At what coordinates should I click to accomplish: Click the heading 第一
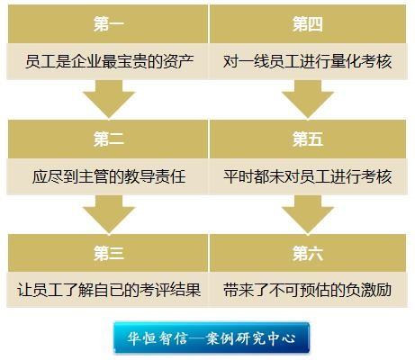(x=109, y=24)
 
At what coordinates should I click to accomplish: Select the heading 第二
(x=109, y=139)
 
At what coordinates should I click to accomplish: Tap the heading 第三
(x=109, y=254)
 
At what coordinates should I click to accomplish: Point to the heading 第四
(x=308, y=24)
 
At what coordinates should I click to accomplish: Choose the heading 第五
(x=308, y=139)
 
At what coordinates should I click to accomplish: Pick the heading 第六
(x=308, y=254)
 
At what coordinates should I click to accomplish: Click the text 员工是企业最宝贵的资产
(x=109, y=61)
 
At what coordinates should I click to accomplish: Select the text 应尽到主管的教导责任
(x=109, y=176)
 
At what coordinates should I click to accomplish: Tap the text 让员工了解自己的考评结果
(x=109, y=290)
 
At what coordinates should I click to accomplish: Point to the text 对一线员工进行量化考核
(x=308, y=61)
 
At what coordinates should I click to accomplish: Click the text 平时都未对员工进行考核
(x=308, y=176)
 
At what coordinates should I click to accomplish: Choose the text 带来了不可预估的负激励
(x=308, y=290)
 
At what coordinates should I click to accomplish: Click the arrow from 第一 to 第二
(x=109, y=99)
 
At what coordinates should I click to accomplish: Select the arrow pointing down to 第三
(x=109, y=214)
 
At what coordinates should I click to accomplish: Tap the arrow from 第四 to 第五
(x=308, y=99)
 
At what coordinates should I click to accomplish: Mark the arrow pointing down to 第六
(x=308, y=214)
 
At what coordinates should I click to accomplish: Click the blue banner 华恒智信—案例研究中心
(x=212, y=337)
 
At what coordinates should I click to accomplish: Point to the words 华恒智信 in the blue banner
(x=158, y=338)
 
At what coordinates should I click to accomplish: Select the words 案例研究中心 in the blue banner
(x=251, y=338)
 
